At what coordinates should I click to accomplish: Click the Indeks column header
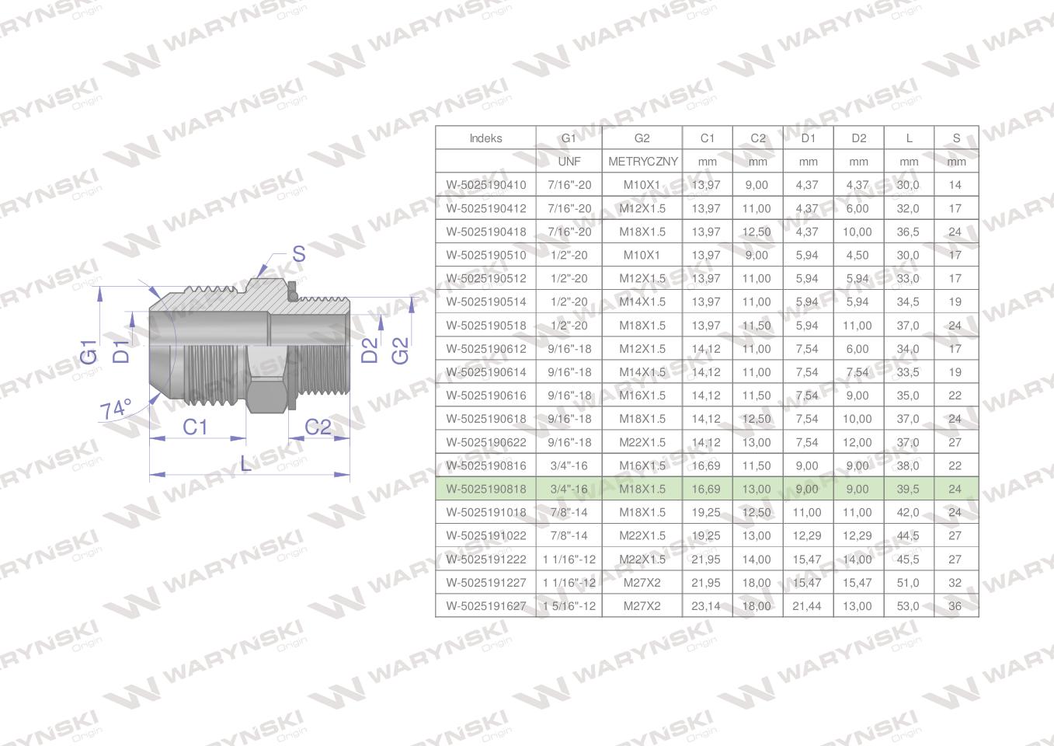pyautogui.click(x=485, y=138)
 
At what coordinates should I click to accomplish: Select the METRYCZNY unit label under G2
pyautogui.click(x=643, y=162)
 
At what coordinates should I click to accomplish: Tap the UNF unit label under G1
pyautogui.click(x=569, y=162)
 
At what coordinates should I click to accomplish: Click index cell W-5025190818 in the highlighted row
pyautogui.click(x=486, y=489)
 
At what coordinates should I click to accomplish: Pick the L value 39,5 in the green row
pyautogui.click(x=908, y=489)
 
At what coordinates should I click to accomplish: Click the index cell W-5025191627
pyautogui.click(x=486, y=606)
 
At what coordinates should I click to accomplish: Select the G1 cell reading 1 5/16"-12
pyautogui.click(x=569, y=606)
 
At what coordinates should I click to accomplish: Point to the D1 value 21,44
pyautogui.click(x=806, y=606)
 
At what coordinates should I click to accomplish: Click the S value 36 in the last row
pyautogui.click(x=955, y=606)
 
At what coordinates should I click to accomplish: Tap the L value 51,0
pyautogui.click(x=908, y=583)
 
